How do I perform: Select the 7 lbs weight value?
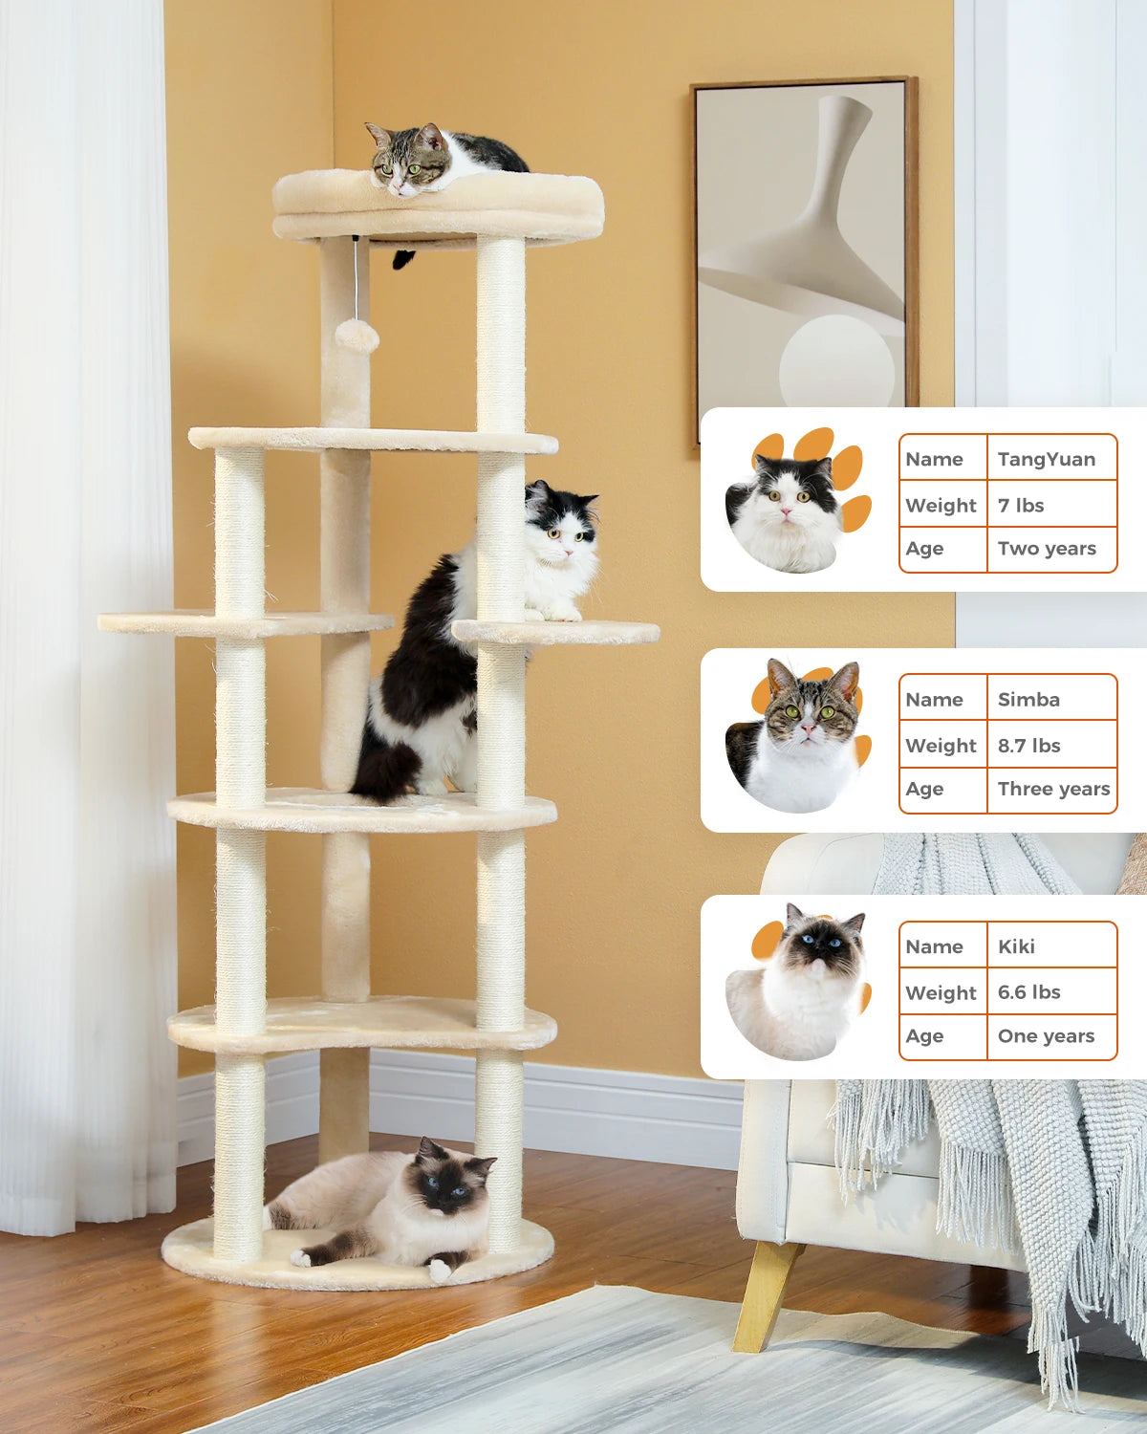click(1021, 505)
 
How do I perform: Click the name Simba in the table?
click(1028, 699)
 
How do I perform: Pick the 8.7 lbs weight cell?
click(1028, 746)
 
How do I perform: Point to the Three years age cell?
click(1053, 789)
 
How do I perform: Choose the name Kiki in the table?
click(1016, 946)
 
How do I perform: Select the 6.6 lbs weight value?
click(1028, 992)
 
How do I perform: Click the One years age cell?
click(1046, 1036)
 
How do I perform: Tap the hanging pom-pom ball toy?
click(357, 336)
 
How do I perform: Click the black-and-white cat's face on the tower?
click(562, 533)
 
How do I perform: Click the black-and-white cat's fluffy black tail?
click(387, 770)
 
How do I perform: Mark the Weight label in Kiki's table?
click(941, 992)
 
